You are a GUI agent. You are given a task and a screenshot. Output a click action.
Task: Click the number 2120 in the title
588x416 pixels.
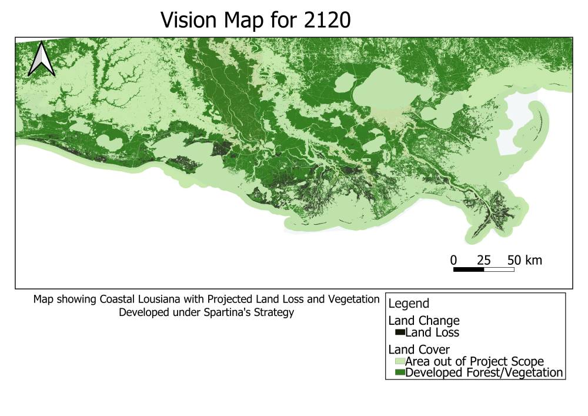point(325,20)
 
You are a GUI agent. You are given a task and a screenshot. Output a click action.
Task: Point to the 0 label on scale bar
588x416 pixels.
point(453,259)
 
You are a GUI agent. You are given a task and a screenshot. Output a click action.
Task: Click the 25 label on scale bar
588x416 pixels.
point(483,259)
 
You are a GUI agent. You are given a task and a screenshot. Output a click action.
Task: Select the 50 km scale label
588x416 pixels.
point(524,259)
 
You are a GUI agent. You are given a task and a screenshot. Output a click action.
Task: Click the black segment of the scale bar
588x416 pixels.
point(468,269)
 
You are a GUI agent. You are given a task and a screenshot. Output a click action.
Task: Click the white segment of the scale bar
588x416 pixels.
point(499,269)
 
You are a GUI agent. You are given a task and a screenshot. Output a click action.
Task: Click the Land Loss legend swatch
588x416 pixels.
point(400,332)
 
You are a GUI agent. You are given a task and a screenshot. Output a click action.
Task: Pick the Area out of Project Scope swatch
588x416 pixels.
point(400,361)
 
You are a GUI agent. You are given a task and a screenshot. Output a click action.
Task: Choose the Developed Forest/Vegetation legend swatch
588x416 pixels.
point(400,372)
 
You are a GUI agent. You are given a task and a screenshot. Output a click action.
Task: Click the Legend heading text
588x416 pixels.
point(409,304)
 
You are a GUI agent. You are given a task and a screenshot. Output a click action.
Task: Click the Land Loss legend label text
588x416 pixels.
point(432,332)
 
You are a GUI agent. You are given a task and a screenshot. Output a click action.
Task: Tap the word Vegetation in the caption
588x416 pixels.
point(356,299)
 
